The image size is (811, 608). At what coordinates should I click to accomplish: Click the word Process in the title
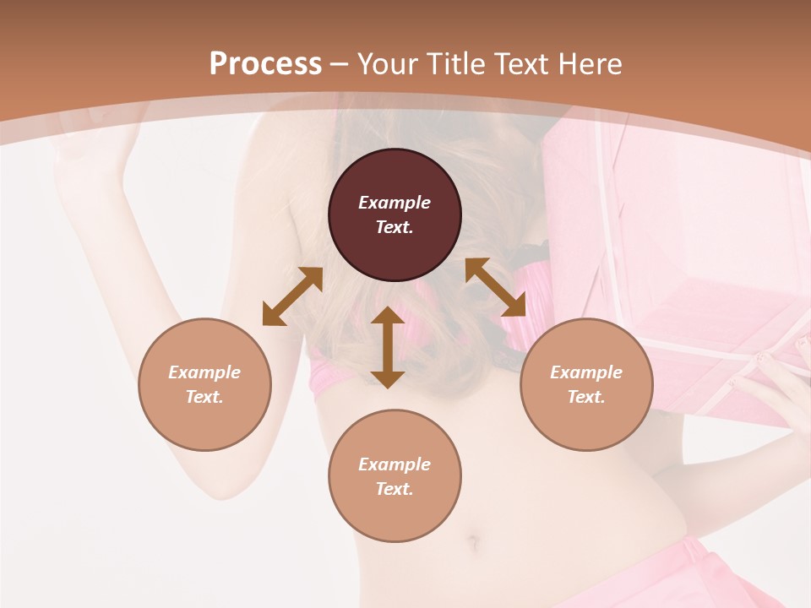pos(265,64)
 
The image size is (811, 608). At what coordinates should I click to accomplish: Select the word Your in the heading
pos(389,64)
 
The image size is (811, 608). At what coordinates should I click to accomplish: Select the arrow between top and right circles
pos(495,287)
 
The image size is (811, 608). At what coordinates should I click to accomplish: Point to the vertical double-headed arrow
pos(388,347)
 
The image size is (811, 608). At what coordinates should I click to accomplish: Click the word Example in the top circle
pos(395,203)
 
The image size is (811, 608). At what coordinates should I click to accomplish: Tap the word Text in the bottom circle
pos(395,489)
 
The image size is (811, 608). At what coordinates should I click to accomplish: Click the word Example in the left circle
pos(204,372)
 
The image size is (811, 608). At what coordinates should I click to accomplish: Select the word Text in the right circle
pos(586,397)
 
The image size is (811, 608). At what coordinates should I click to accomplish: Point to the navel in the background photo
pos(474,539)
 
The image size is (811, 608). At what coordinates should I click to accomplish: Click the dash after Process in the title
pos(340,65)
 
